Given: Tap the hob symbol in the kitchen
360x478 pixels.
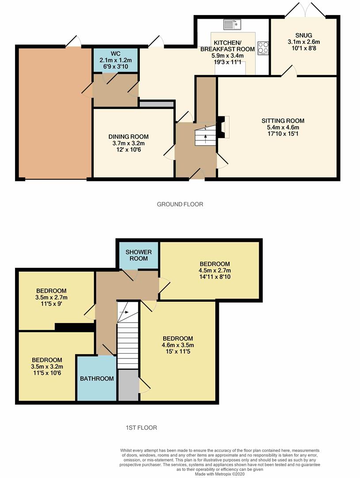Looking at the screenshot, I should pos(263,47).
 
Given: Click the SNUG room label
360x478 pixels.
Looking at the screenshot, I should pos(304,35).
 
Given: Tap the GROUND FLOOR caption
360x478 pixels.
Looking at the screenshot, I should pos(180,204).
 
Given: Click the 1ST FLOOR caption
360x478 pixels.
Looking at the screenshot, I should pos(141,428).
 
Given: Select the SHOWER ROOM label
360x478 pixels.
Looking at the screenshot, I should pos(138,255).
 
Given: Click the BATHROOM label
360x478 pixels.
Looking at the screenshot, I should pos(97,378).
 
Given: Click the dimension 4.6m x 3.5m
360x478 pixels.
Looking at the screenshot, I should pos(178,346).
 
